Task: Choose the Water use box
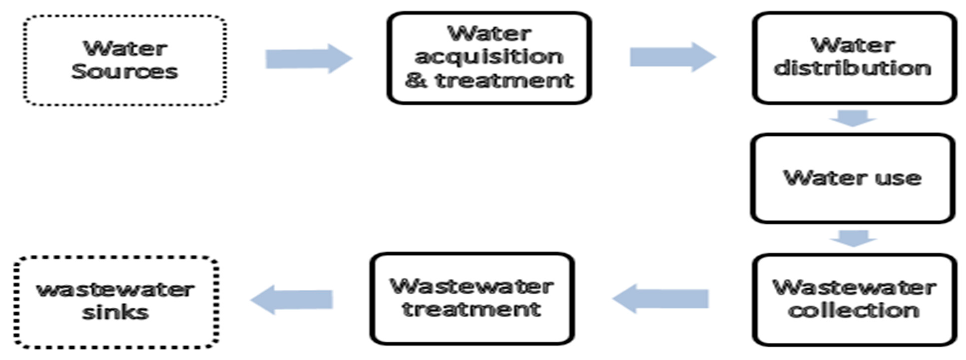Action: click(x=852, y=178)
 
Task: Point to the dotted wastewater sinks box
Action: click(x=116, y=302)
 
